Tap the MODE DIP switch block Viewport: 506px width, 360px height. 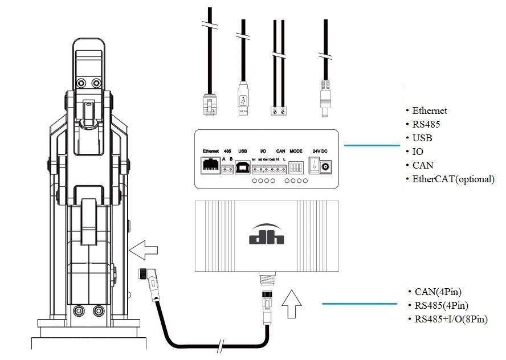[x=296, y=167]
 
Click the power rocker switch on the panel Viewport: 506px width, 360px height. [x=313, y=166]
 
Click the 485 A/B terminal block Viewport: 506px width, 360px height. [x=227, y=169]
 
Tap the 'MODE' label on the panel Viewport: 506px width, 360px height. [x=296, y=151]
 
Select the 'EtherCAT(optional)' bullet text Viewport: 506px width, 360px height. [x=454, y=179]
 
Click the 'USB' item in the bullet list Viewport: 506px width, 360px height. [x=422, y=138]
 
